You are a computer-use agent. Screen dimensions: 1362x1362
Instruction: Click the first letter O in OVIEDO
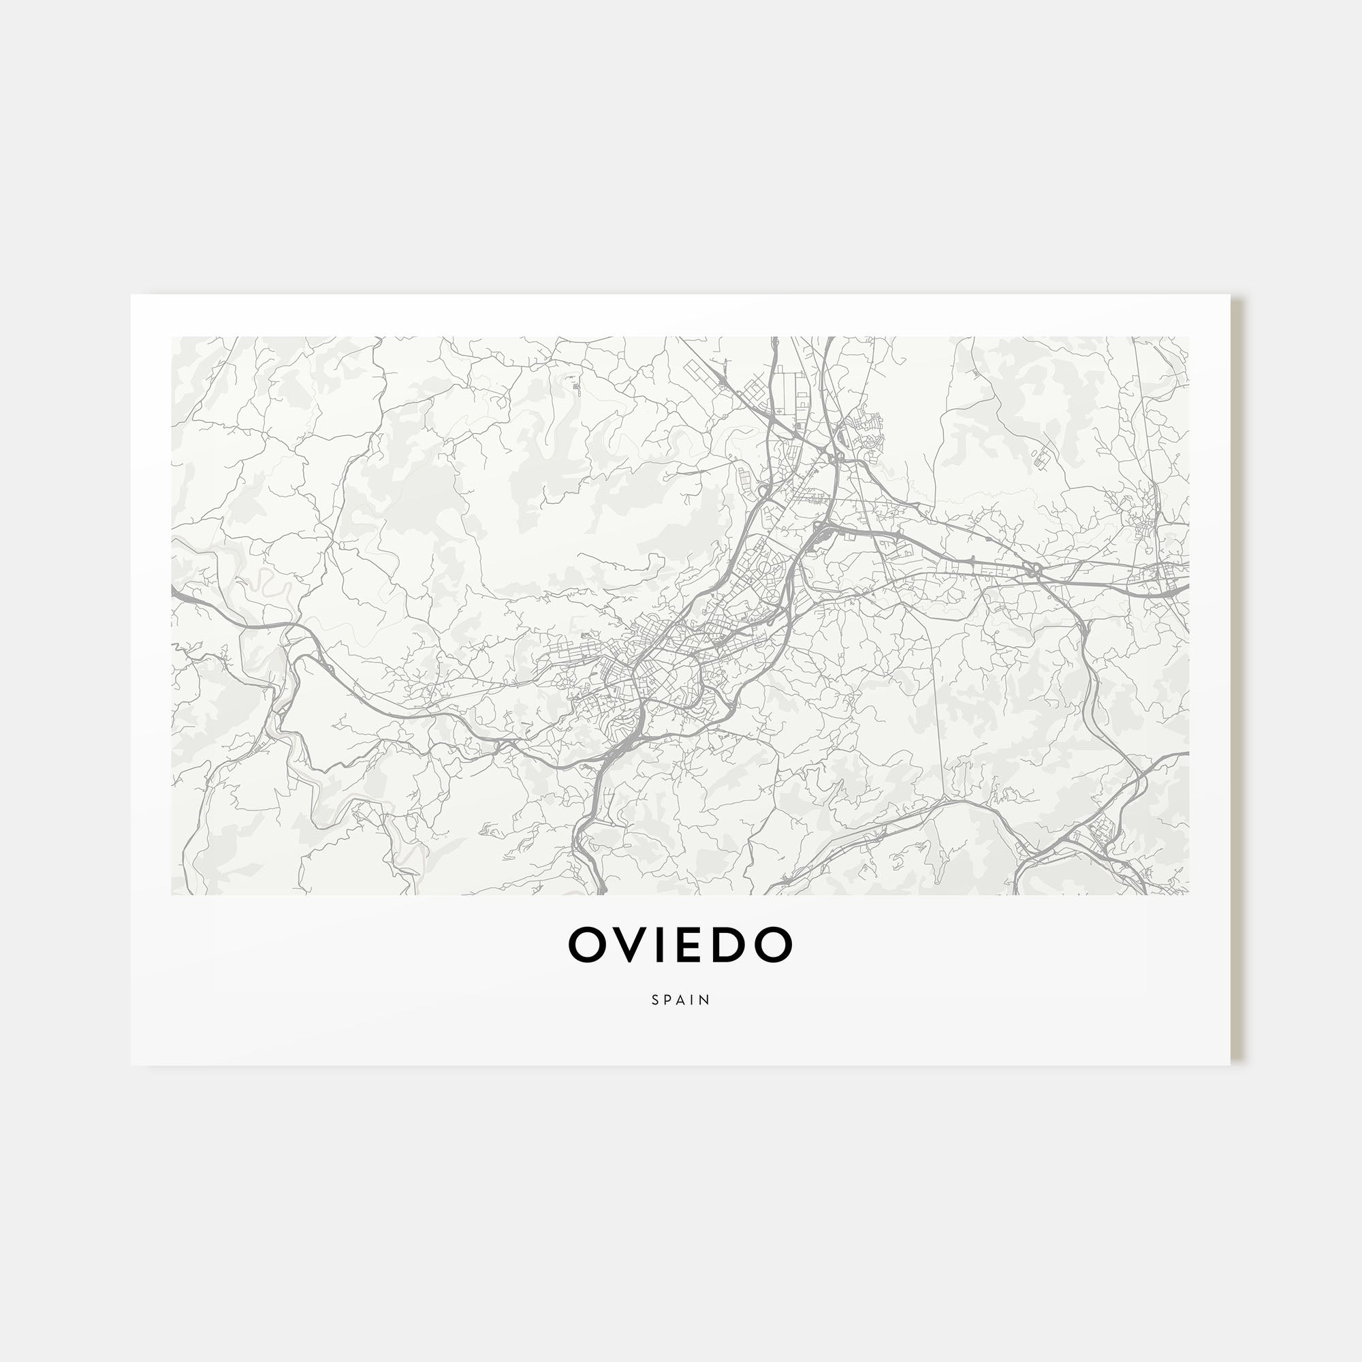coord(588,945)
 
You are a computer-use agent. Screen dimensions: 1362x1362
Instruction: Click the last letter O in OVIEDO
coord(774,945)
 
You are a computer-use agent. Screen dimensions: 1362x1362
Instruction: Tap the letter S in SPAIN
coord(656,1000)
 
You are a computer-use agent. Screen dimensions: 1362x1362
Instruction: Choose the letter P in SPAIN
coord(668,1000)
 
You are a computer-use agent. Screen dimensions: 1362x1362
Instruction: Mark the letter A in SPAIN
coord(681,1000)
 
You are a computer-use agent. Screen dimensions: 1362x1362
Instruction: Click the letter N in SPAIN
coord(705,1000)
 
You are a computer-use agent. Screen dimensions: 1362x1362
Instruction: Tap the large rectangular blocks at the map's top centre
coord(791,392)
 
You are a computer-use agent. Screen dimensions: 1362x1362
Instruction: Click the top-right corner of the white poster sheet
coord(1230,295)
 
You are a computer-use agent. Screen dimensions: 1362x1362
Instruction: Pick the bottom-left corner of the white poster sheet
coord(131,1064)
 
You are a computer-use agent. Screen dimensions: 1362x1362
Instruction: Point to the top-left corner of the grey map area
coord(172,337)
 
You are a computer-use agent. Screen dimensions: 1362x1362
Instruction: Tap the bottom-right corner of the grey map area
coord(1188,895)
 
